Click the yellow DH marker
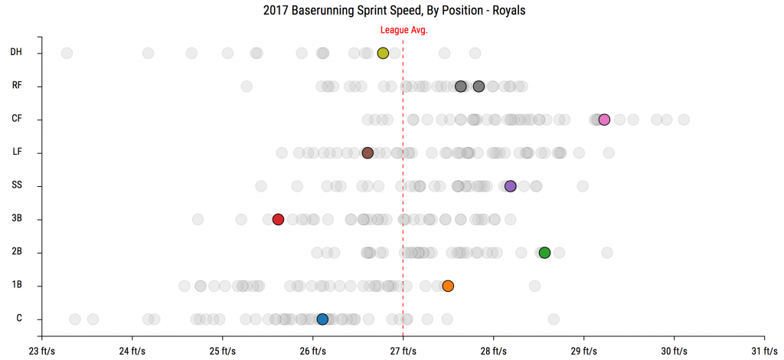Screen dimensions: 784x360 tap(383, 53)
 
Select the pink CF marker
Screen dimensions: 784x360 tap(604, 119)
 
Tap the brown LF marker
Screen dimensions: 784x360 tap(367, 153)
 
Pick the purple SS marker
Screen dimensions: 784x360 tap(510, 186)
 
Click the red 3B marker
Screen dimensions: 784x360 tap(278, 219)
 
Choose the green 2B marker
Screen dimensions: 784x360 tap(544, 253)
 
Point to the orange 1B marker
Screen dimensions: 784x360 tap(448, 286)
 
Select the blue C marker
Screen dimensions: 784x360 tap(322, 319)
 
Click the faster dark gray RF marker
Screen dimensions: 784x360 tap(479, 87)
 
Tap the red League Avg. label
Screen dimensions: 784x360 tap(404, 30)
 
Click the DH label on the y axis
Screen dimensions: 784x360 tap(16, 53)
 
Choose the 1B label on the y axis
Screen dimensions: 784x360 tap(17, 286)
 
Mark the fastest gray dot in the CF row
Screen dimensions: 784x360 tap(684, 119)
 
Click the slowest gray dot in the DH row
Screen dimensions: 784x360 tap(67, 53)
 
